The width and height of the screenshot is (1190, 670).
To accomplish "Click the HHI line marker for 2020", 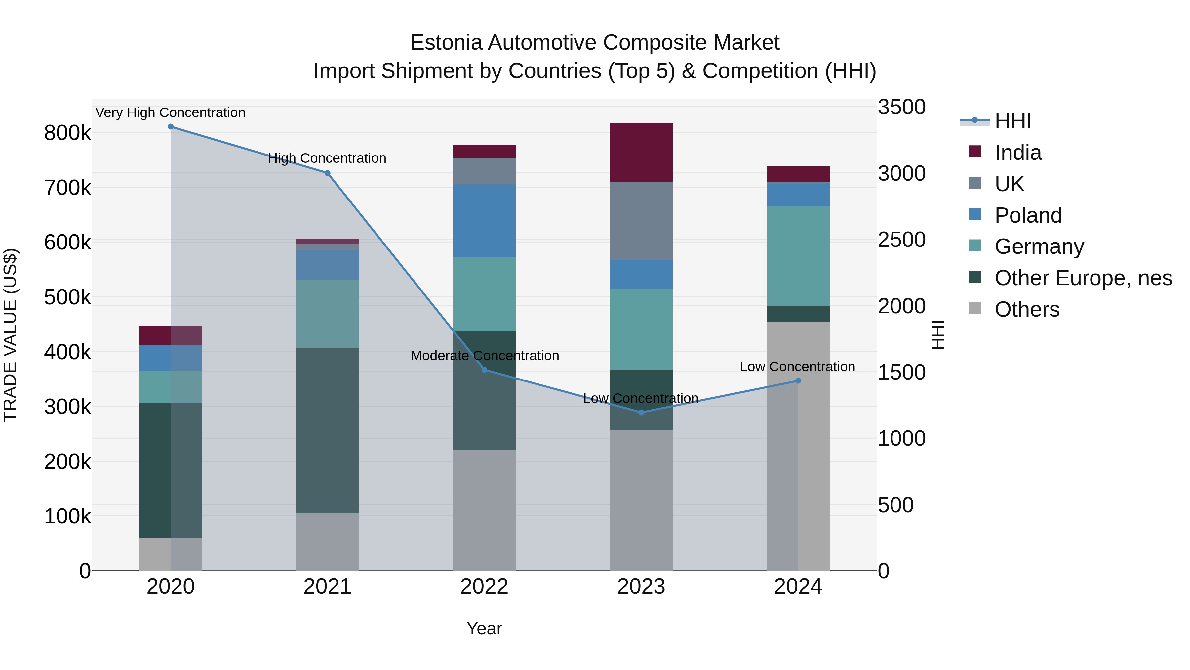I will click(171, 127).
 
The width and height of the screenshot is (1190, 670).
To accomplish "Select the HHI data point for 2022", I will click(484, 370).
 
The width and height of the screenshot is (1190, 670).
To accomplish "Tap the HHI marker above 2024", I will click(798, 381).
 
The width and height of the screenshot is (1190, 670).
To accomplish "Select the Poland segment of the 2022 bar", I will click(484, 221).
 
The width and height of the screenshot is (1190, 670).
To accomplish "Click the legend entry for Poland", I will click(1028, 215).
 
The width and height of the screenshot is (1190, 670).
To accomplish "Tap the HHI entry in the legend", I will click(1012, 121).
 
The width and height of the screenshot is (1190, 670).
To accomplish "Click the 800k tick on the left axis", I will click(67, 133).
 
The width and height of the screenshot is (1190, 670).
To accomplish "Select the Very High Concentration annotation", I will click(170, 113).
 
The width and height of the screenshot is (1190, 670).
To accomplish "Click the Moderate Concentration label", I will click(485, 356).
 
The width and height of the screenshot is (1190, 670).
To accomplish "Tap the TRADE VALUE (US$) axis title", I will click(11, 335).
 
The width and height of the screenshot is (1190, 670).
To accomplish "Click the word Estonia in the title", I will click(446, 43).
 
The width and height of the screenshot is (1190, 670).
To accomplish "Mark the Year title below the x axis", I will click(484, 628).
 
